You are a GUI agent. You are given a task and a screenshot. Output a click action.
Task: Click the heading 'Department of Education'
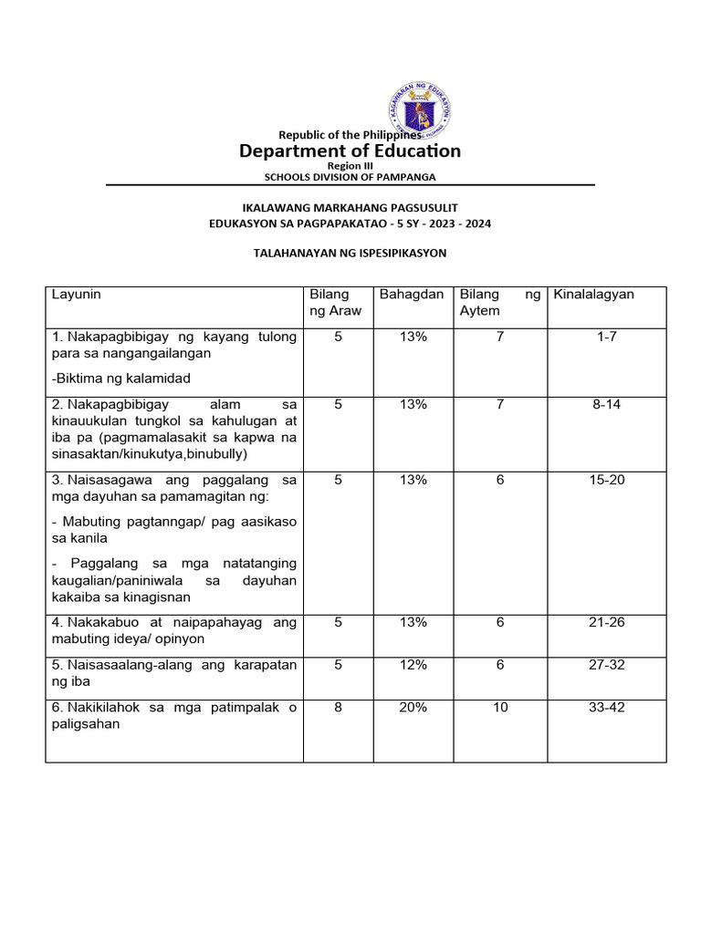pos(350,150)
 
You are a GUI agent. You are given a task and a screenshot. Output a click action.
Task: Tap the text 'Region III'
pos(350,166)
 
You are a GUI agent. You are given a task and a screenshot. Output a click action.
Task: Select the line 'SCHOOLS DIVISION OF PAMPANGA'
pos(350,176)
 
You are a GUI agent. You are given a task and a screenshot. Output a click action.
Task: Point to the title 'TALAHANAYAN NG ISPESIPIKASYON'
pos(350,253)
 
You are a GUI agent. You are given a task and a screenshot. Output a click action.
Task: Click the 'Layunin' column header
pos(77,295)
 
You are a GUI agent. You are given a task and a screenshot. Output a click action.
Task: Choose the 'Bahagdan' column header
pos(412,295)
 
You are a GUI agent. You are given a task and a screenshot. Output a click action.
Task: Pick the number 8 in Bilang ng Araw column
pos(339,707)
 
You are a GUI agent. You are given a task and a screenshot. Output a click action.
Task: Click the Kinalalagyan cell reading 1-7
pos(607,337)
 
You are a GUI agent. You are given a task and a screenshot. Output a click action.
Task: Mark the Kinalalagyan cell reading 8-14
pos(607,404)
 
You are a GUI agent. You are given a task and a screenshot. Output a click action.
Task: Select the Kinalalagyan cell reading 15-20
pos(607,479)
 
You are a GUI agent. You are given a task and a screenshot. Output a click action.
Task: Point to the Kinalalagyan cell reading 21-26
pos(607,622)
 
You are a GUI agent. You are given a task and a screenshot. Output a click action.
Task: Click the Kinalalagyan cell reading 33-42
pos(607,707)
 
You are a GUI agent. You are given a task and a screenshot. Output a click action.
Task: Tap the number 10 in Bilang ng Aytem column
pos(500,707)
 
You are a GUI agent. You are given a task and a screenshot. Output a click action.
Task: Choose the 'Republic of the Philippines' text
pos(350,135)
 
